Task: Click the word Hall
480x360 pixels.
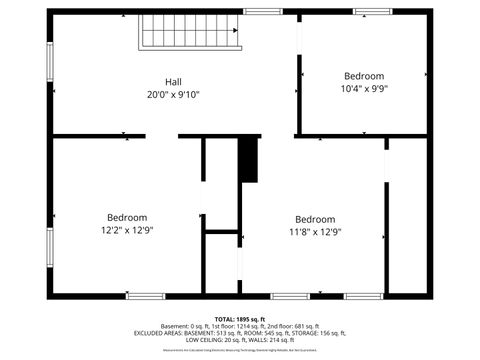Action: (x=173, y=82)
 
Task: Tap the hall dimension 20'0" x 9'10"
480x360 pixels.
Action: (x=173, y=95)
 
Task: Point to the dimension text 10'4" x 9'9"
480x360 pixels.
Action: (x=364, y=88)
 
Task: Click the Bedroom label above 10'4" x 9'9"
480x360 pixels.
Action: (x=364, y=76)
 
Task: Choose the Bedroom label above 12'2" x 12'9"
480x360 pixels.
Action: (x=127, y=217)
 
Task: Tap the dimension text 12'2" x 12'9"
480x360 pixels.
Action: (x=127, y=230)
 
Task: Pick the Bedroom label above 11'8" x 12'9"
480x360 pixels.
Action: (x=315, y=219)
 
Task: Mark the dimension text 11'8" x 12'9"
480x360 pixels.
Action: (x=315, y=232)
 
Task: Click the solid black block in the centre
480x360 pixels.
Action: (x=248, y=160)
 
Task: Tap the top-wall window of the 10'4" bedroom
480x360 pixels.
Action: (x=372, y=11)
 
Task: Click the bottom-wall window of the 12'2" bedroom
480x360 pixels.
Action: (x=146, y=296)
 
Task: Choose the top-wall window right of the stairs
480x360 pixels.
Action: (x=262, y=11)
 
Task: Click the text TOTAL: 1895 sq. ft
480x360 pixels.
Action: (x=239, y=318)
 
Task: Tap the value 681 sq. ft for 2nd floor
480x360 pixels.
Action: (x=302, y=326)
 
